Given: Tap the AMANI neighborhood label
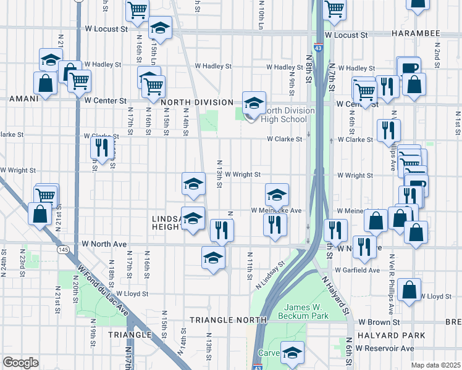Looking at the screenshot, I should (x=24, y=99).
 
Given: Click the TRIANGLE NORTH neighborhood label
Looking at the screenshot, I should (x=227, y=320).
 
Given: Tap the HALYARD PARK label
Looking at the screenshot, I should (x=395, y=335).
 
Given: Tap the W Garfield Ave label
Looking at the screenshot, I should (x=358, y=270).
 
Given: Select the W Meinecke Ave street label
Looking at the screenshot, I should (x=276, y=210).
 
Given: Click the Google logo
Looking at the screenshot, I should (x=20, y=363).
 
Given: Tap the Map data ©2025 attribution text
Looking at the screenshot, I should (x=435, y=365).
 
